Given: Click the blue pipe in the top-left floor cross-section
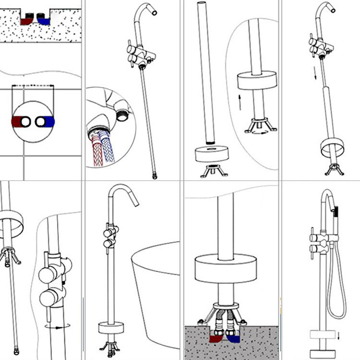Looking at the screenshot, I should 44,21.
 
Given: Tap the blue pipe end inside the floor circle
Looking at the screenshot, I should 48,122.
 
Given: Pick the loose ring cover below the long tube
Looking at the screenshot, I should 211,155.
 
